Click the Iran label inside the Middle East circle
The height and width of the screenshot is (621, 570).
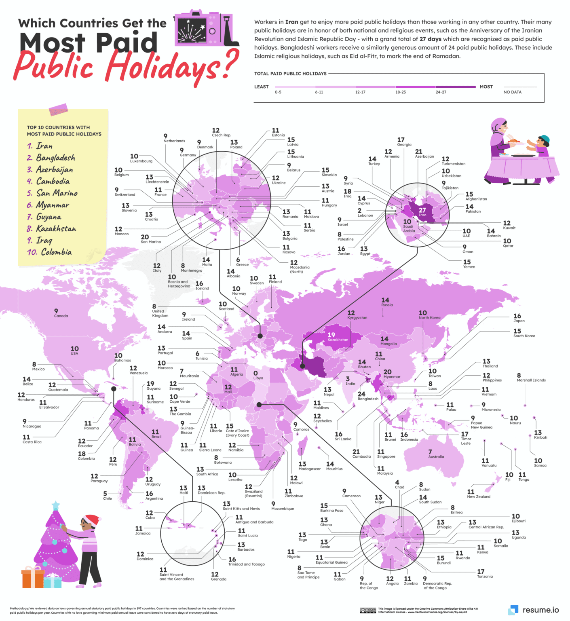coord(422,215)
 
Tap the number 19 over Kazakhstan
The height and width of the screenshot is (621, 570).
coord(331,335)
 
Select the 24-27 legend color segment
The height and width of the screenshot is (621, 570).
coord(456,87)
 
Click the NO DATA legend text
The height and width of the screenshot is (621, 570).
coord(512,92)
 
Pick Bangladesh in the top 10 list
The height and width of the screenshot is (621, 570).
coord(55,158)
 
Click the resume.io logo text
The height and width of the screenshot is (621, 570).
coord(540,610)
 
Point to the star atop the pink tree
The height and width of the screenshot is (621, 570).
coord(55,505)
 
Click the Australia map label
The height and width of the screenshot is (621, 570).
coord(436,456)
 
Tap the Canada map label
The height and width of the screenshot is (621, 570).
coord(61,316)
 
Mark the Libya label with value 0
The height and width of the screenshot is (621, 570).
coord(258,378)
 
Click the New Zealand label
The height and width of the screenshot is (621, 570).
coord(479,496)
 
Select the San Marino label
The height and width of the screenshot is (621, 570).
coord(150,241)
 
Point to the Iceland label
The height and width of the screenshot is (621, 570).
coord(202,288)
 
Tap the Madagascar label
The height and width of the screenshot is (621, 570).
coord(309,469)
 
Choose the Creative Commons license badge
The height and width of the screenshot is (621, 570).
coord(368,610)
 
